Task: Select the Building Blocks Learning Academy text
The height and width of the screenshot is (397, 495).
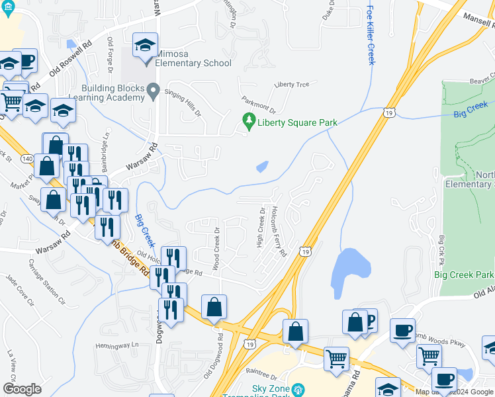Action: (112, 93)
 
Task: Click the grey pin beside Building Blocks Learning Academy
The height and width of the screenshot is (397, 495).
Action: (154, 91)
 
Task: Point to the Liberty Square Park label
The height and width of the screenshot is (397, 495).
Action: (298, 122)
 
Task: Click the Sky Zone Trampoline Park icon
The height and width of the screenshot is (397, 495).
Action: (298, 389)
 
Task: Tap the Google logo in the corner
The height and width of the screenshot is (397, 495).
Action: (22, 389)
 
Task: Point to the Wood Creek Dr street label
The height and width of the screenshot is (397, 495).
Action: (216, 248)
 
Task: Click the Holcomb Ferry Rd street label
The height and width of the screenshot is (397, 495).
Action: (278, 230)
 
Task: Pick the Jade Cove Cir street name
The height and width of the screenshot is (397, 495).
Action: (19, 291)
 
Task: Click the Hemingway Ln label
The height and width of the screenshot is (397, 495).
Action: (118, 345)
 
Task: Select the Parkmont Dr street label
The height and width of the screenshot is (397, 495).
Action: (258, 106)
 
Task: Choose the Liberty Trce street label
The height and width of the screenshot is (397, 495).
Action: (291, 85)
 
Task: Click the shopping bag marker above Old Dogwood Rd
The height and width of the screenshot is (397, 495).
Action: (214, 307)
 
